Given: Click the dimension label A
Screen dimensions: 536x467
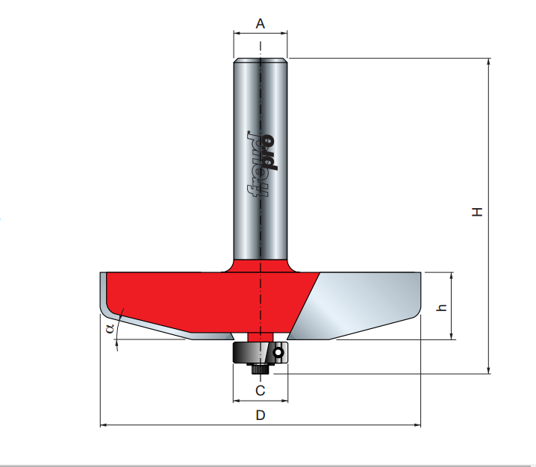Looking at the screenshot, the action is point(260,24).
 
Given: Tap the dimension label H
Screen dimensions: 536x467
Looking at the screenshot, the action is point(477,212).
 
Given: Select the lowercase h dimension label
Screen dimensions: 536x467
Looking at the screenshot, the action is point(442,307).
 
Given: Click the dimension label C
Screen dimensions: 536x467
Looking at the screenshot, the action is point(260,390).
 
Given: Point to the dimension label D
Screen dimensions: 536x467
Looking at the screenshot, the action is point(261,415).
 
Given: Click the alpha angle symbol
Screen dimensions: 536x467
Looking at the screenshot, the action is point(110,329).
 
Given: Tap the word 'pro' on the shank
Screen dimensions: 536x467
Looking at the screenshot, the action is point(268,152).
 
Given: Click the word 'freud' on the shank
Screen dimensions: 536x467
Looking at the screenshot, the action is point(255,164).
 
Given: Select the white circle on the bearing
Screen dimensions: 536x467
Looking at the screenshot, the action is point(278,353).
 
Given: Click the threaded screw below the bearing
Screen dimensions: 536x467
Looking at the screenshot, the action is point(261,369).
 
